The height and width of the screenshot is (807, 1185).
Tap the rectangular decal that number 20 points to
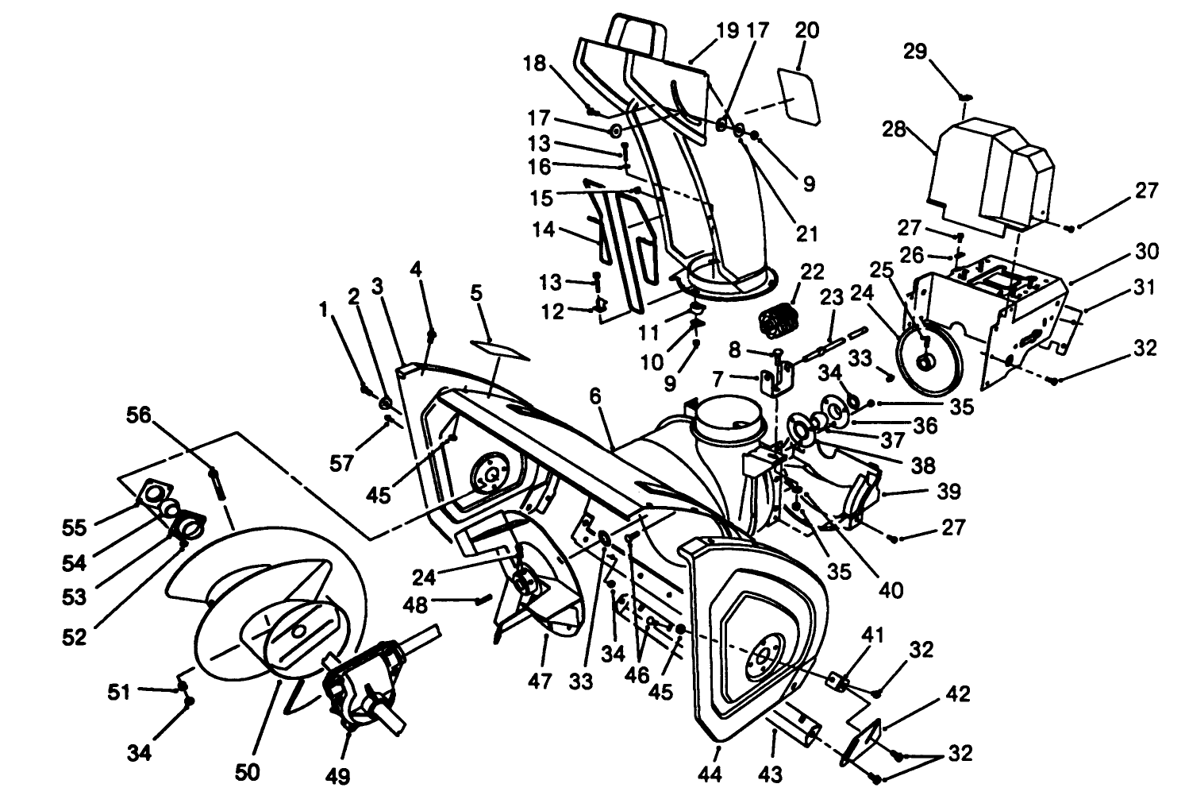click(798, 95)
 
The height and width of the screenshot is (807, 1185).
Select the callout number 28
click(895, 129)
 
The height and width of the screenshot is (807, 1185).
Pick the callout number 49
click(338, 775)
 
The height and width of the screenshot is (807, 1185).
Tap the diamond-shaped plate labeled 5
click(501, 349)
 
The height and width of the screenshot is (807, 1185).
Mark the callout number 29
click(915, 52)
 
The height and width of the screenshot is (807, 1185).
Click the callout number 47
click(541, 682)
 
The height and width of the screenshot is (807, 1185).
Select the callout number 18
click(535, 64)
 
